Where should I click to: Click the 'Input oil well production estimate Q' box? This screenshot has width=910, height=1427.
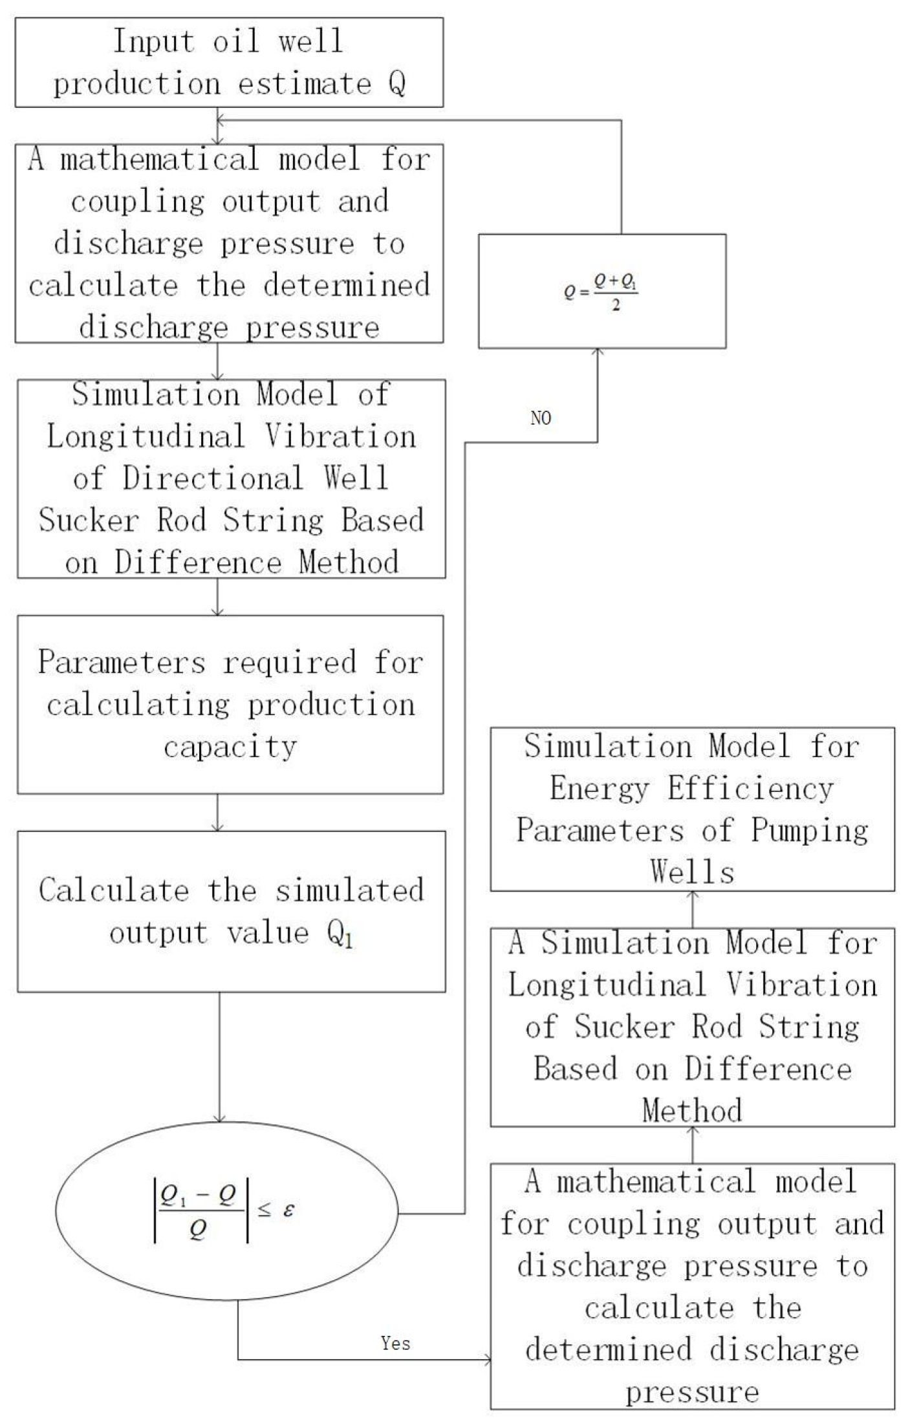coord(229,62)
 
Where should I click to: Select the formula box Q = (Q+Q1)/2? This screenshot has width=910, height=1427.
coord(601,291)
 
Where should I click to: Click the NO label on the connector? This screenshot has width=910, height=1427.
coord(541,418)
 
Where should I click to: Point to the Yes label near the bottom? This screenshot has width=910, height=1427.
coord(395,1343)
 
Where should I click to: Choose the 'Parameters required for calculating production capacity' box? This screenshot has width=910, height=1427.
coord(230,704)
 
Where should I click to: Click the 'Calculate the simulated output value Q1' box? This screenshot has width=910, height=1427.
coord(231,911)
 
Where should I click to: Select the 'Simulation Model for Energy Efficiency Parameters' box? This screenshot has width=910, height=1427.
coord(692,810)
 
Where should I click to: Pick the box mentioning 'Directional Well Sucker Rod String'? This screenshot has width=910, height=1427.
coord(231,478)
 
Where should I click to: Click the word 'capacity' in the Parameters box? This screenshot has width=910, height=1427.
coord(230,747)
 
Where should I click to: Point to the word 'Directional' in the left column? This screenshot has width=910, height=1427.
coord(213,478)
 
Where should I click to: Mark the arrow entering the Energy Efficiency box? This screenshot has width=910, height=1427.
coord(692,897)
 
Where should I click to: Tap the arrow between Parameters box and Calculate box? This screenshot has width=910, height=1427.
coord(218,824)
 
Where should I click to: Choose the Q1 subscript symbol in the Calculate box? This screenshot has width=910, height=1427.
coord(340,934)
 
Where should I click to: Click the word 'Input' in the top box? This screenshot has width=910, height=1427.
coord(153,41)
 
